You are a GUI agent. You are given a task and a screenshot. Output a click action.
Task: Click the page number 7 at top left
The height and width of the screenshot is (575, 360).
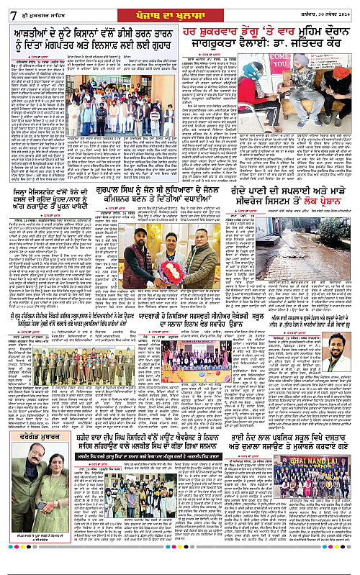(x=6, y=12)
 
